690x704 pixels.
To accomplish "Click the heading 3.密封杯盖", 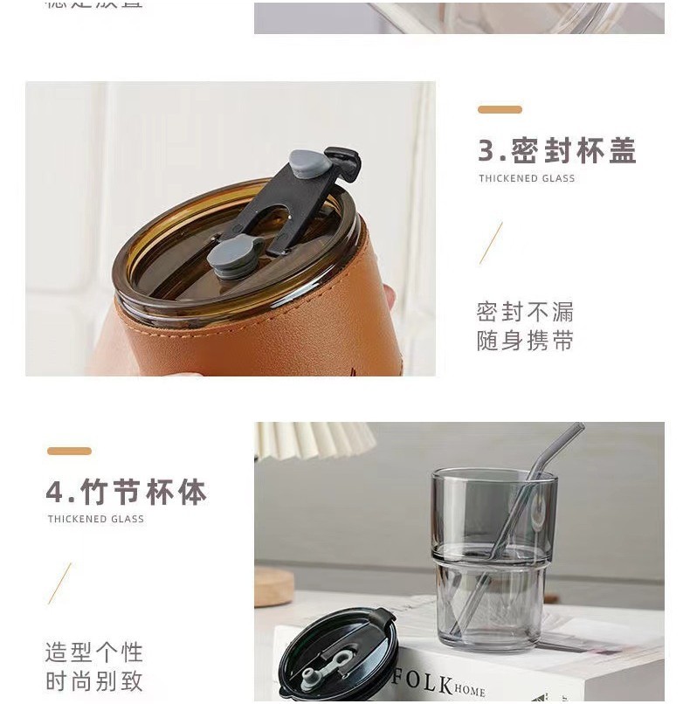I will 556,151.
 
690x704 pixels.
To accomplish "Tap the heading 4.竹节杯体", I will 126,493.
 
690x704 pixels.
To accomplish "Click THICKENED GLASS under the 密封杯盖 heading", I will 527,179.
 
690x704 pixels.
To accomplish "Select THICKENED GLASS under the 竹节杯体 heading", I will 96,519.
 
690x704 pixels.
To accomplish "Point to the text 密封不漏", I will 525,312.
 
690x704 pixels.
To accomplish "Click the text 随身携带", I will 525,341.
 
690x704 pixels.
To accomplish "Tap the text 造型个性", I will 93,652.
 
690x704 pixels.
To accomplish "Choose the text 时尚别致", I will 93,681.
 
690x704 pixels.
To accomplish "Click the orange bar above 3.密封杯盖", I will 500,110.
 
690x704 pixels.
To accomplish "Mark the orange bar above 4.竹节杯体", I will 69,452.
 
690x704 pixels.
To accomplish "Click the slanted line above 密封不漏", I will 491,243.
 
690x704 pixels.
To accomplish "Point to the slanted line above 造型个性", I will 59,583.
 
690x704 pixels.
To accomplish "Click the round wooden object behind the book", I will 273,586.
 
